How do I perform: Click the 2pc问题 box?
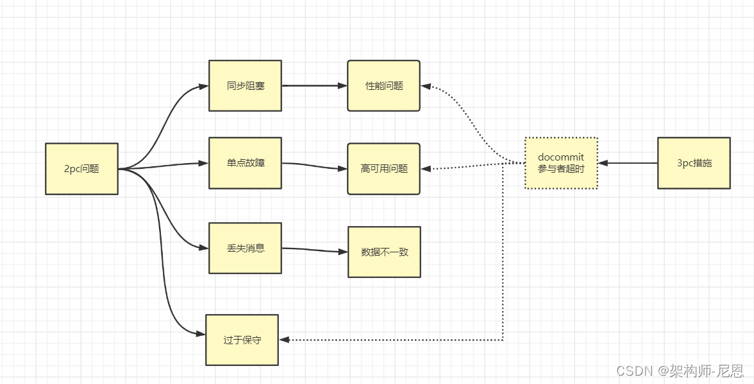pyautogui.click(x=81, y=169)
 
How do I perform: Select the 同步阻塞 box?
pyautogui.click(x=245, y=85)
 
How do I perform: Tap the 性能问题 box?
pyautogui.click(x=383, y=85)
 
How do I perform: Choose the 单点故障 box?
pyautogui.click(x=245, y=163)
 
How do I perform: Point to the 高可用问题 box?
pyautogui.click(x=383, y=169)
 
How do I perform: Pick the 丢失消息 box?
pyautogui.click(x=245, y=248)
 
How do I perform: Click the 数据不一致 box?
pyautogui.click(x=384, y=252)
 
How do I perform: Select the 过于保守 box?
pyautogui.click(x=242, y=340)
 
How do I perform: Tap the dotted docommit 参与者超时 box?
pyautogui.click(x=561, y=163)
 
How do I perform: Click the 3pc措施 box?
pyautogui.click(x=694, y=163)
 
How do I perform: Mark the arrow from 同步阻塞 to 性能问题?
pyautogui.click(x=314, y=85)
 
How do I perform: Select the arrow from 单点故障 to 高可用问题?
pyautogui.click(x=314, y=166)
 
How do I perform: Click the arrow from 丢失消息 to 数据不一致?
pyautogui.click(x=314, y=250)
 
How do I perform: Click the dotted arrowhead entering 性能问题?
pyautogui.click(x=426, y=86)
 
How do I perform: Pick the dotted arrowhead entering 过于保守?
pyautogui.click(x=284, y=340)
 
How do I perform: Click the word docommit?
pyautogui.click(x=561, y=157)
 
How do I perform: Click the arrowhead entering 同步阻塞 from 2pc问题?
pyautogui.click(x=205, y=85)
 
